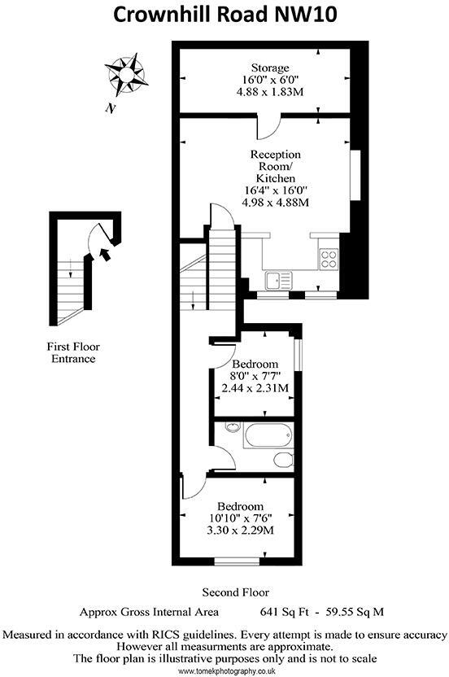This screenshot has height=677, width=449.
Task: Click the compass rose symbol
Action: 126,72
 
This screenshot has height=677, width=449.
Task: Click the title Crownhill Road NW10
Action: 224,15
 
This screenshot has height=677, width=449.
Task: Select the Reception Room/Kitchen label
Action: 275,166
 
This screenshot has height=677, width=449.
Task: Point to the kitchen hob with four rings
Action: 329,259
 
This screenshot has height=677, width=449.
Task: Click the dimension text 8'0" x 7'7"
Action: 255,376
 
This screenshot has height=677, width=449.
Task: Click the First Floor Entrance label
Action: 73,352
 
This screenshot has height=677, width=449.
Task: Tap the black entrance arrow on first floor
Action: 105,254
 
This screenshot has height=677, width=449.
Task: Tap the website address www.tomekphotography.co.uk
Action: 224,670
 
